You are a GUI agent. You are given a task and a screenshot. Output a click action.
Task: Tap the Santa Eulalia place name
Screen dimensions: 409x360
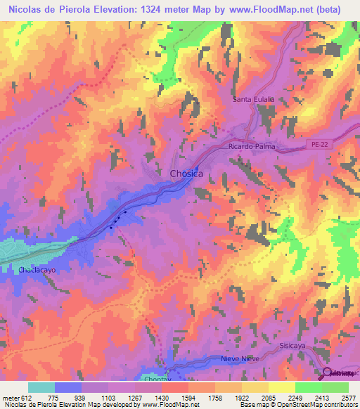pyautogui.click(x=254, y=100)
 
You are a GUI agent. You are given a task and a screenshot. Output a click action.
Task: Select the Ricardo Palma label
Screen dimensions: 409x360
pyautogui.click(x=251, y=147)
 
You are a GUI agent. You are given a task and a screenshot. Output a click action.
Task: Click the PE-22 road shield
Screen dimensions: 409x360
pyautogui.click(x=320, y=145)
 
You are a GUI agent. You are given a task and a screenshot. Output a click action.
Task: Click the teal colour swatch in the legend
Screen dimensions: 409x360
pyautogui.click(x=41, y=388)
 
